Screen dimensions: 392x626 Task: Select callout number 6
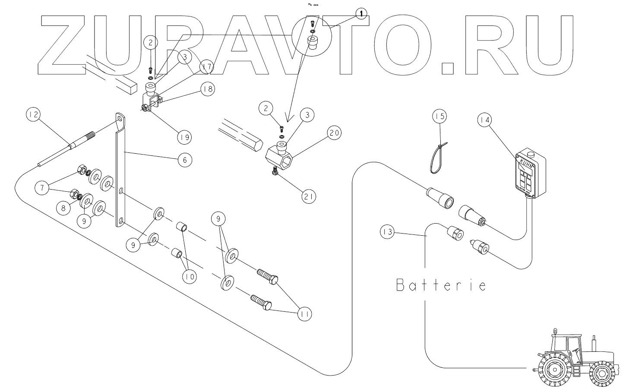[x=184, y=159]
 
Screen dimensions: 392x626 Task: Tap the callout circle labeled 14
[x=485, y=120]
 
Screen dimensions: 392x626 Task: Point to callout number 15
[x=439, y=116]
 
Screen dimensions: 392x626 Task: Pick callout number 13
[x=387, y=232]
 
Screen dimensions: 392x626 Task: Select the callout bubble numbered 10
[x=189, y=276]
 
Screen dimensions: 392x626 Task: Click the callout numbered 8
[x=64, y=207]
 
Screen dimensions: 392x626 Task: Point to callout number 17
[x=207, y=67]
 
